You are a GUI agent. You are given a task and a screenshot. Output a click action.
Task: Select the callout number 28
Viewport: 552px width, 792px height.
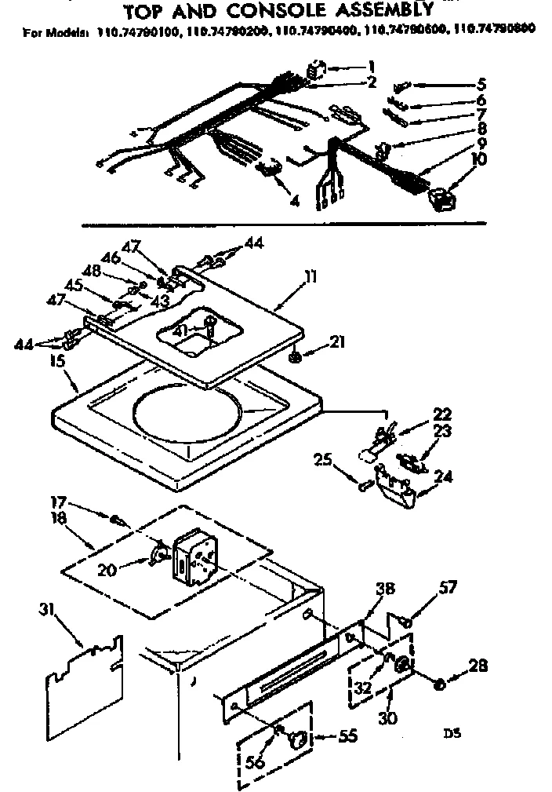(478, 666)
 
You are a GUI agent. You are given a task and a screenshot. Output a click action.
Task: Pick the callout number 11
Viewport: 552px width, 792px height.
(311, 276)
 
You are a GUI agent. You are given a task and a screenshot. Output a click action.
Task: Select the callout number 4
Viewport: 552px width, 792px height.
(295, 202)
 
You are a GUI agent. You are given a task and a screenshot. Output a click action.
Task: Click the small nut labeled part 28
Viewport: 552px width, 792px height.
(441, 685)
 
